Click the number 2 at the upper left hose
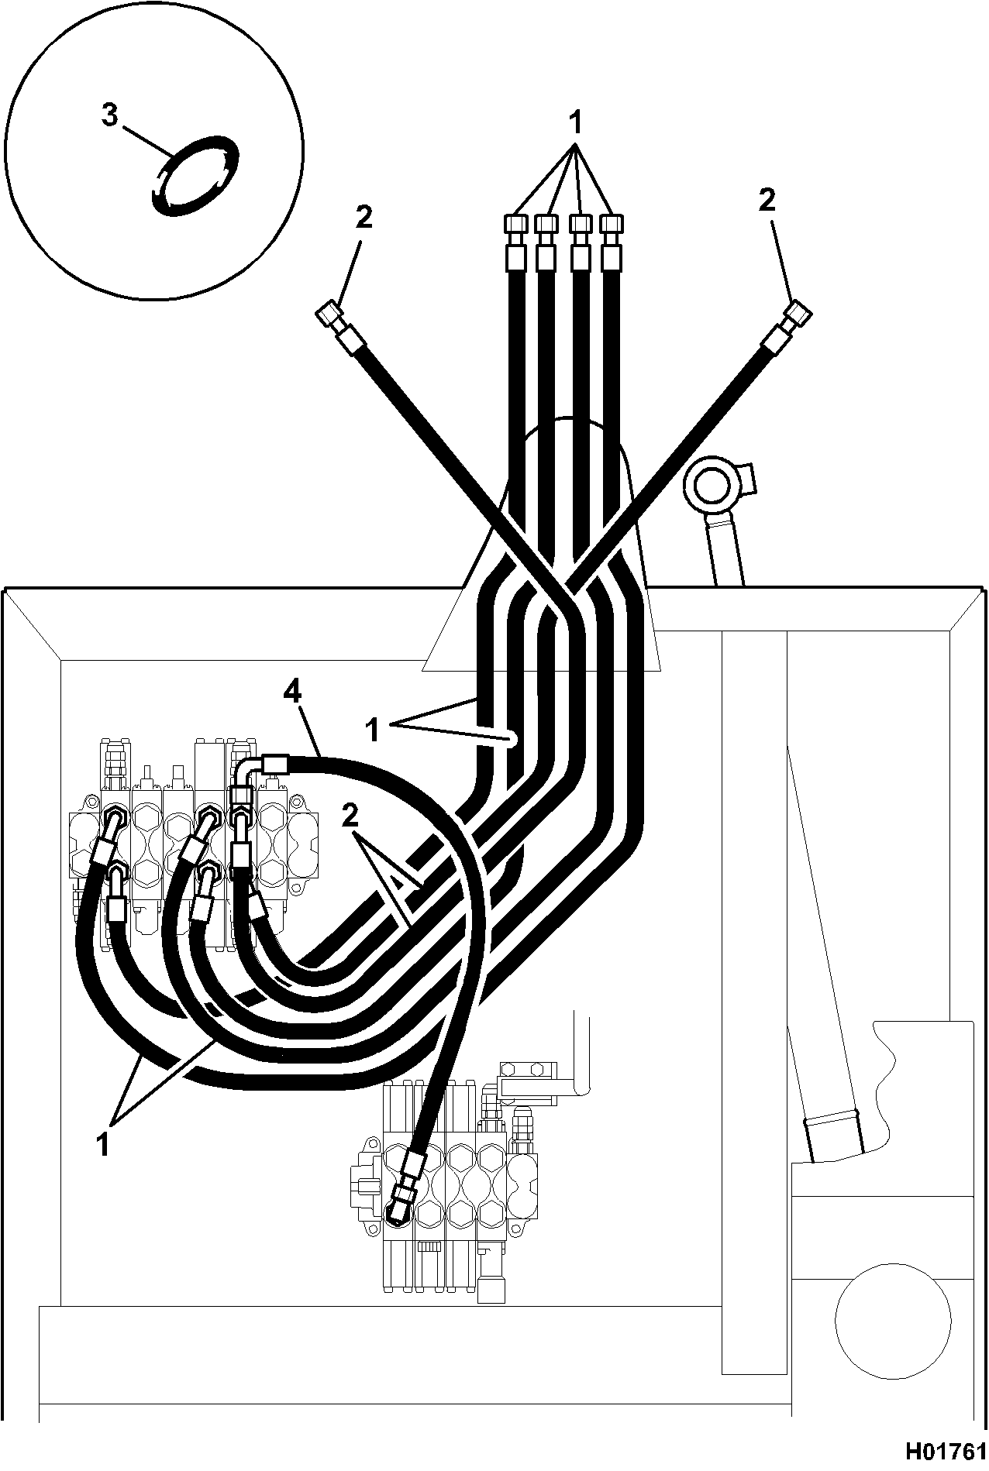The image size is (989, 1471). coord(364,218)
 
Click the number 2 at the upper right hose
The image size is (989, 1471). coord(767,201)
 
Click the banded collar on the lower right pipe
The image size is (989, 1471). coord(832,1119)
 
